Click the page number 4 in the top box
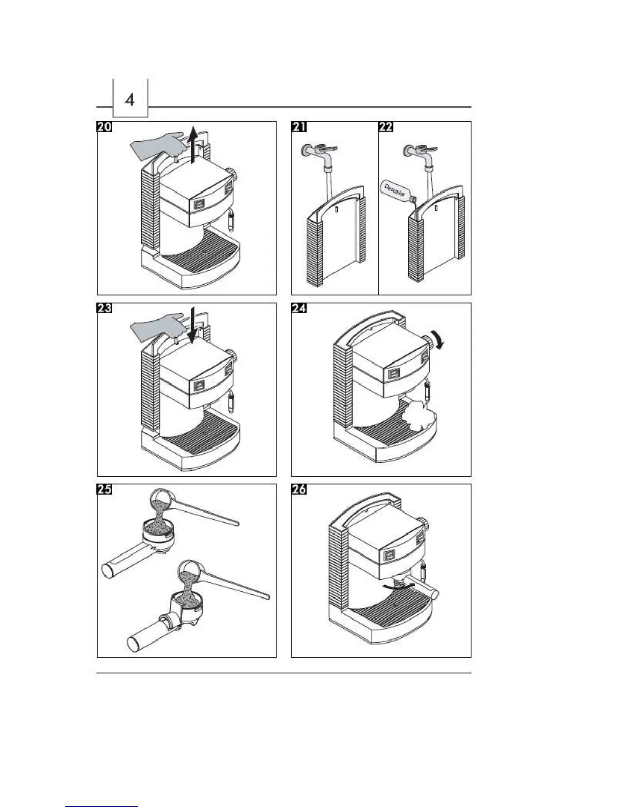click(130, 99)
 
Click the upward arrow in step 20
click(193, 145)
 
